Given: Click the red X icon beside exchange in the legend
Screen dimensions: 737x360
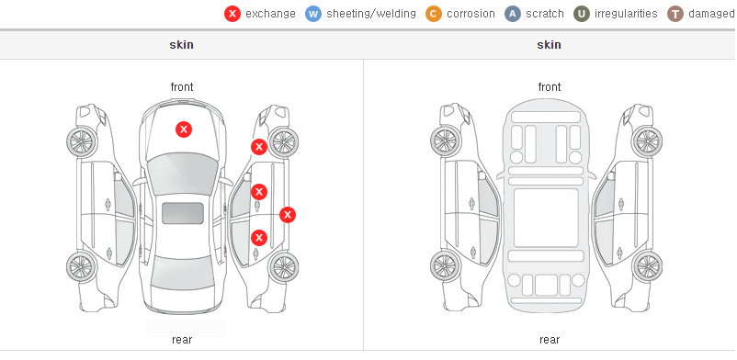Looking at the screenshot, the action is pyautogui.click(x=232, y=14).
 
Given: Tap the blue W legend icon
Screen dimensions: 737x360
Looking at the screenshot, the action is pyautogui.click(x=313, y=14).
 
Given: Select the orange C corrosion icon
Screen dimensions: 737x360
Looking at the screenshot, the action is pyautogui.click(x=434, y=14).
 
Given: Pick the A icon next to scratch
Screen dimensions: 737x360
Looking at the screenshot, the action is pyautogui.click(x=513, y=14).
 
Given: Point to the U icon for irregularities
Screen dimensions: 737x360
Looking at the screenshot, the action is pyautogui.click(x=582, y=14).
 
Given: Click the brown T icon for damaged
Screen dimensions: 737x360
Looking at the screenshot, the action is pyautogui.click(x=675, y=14).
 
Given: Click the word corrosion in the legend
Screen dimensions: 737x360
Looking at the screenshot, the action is pyautogui.click(x=471, y=14).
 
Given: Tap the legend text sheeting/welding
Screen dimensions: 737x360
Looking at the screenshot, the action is pyautogui.click(x=371, y=14).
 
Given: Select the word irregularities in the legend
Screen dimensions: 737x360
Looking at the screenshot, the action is pyautogui.click(x=626, y=14).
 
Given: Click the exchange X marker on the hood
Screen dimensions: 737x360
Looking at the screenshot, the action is pyautogui.click(x=184, y=129).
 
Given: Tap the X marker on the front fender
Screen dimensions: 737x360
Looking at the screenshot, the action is pyautogui.click(x=258, y=147).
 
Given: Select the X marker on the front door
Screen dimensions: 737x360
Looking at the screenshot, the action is pyautogui.click(x=259, y=192).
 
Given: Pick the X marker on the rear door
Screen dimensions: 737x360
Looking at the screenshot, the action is pyautogui.click(x=259, y=238).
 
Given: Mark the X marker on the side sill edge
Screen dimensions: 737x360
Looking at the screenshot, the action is pyautogui.click(x=288, y=215).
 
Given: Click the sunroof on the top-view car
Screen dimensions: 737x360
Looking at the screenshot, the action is pyautogui.click(x=183, y=213).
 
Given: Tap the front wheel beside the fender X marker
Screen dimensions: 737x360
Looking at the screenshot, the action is pyautogui.click(x=283, y=142).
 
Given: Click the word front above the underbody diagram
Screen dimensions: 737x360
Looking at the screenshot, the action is pyautogui.click(x=550, y=87).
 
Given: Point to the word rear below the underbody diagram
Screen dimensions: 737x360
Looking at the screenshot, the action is pyautogui.click(x=550, y=340).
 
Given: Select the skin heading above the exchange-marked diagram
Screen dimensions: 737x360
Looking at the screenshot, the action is pyautogui.click(x=181, y=45).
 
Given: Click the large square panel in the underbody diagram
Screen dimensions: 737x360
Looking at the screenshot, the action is pyautogui.click(x=546, y=218).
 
